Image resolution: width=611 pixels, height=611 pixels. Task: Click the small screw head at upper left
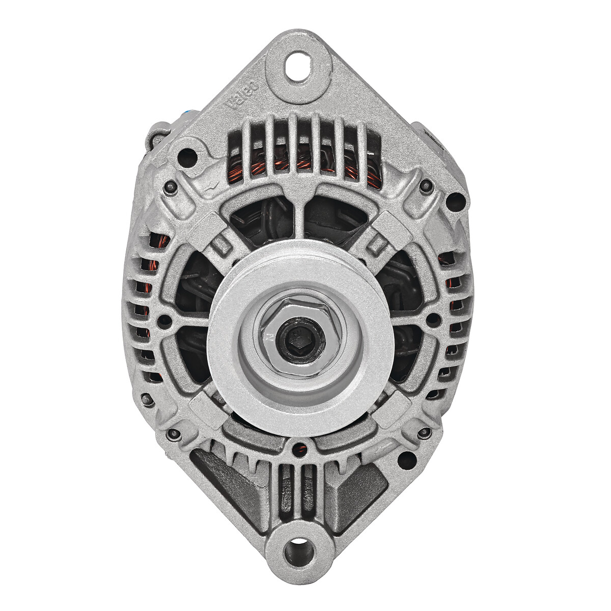coord(170,188)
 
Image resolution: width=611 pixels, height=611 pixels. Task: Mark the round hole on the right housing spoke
coord(433,320)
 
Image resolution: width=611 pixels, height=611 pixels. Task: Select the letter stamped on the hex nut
coord(267,336)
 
